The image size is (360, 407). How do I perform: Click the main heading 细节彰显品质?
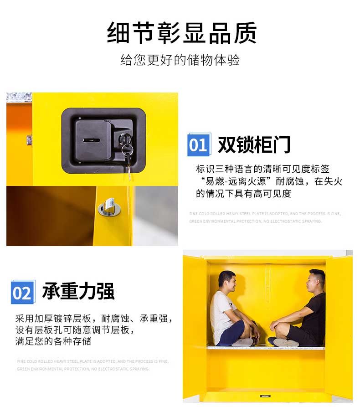click(x=182, y=33)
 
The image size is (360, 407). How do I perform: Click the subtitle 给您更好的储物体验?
click(x=180, y=60)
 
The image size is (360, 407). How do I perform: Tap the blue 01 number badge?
click(x=199, y=145)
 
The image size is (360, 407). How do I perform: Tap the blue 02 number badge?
click(x=22, y=292)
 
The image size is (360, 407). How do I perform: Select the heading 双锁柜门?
click(x=254, y=145)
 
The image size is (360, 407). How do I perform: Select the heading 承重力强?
click(x=78, y=291)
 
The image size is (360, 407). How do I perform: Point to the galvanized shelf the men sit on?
click(x=266, y=348)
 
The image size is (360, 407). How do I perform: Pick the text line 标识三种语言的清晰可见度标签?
click(x=262, y=169)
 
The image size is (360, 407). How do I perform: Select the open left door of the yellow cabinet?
click(x=194, y=328)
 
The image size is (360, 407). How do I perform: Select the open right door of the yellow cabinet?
click(x=339, y=328)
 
